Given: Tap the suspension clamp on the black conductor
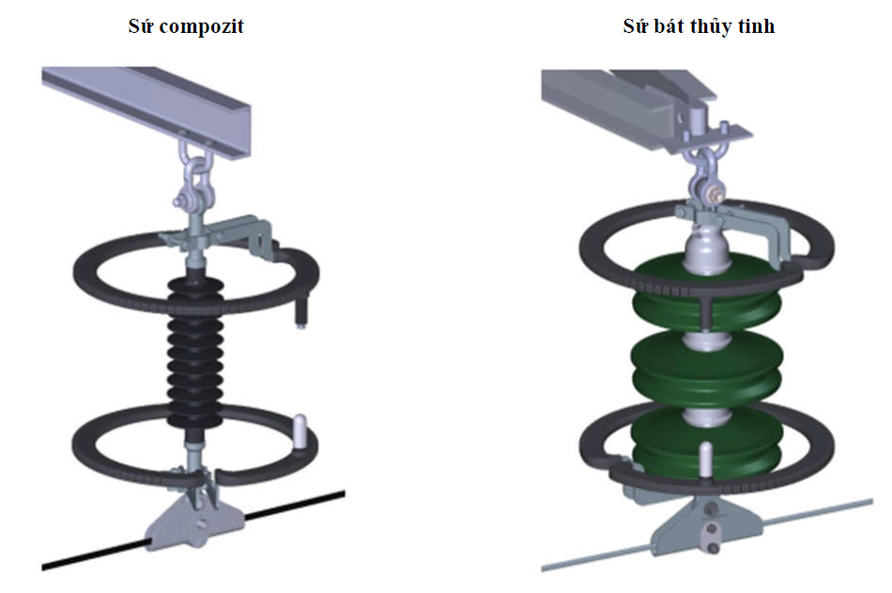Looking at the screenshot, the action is pyautogui.click(x=195, y=519).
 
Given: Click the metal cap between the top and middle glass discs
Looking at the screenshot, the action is pyautogui.click(x=706, y=339).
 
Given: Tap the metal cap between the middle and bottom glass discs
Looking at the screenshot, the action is pyautogui.click(x=706, y=416).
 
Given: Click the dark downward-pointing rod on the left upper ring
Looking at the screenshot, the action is pyautogui.click(x=300, y=310).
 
